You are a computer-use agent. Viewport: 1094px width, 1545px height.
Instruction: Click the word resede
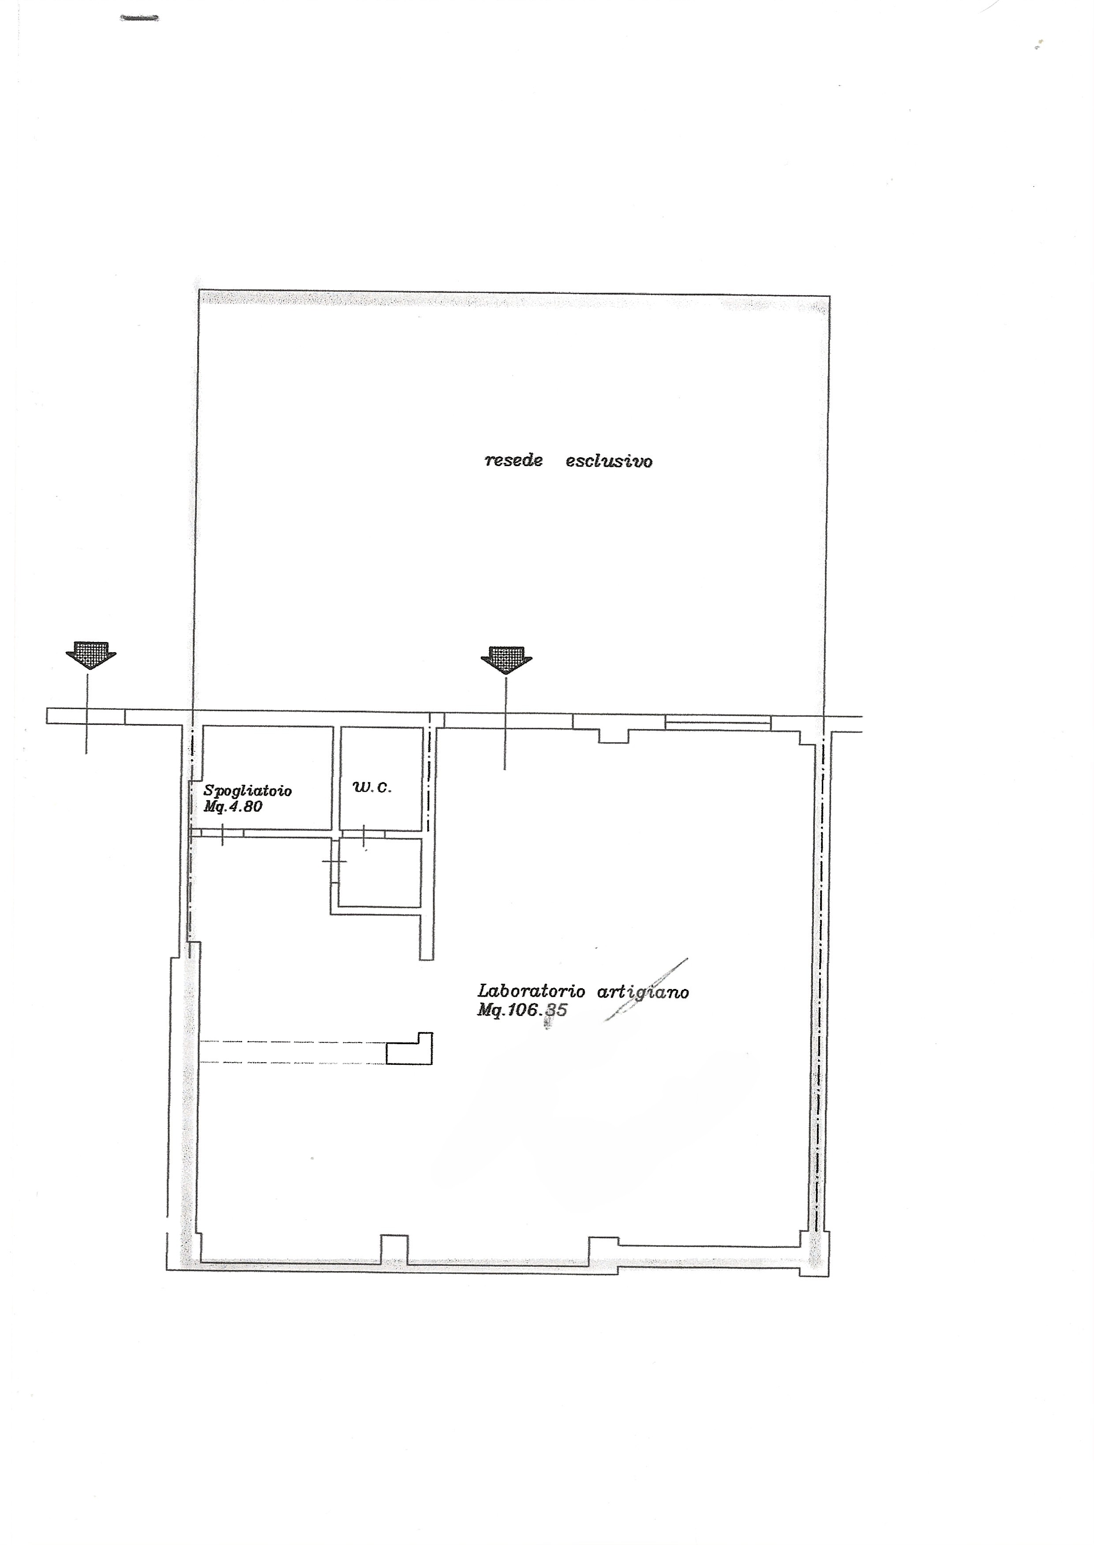[x=513, y=461]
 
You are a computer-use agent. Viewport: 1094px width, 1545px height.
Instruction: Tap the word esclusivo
[x=609, y=461]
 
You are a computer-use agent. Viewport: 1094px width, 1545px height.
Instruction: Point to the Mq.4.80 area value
[x=232, y=806]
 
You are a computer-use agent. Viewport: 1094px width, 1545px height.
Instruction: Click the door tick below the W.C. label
[x=364, y=835]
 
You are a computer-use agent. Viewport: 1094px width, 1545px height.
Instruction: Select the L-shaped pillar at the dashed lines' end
[x=409, y=1049]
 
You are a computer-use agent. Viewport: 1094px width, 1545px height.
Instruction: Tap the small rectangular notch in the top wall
[x=614, y=736]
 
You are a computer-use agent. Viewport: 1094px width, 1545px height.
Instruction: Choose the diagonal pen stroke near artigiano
[x=647, y=989]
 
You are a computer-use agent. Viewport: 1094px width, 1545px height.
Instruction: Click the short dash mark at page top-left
[x=139, y=18]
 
